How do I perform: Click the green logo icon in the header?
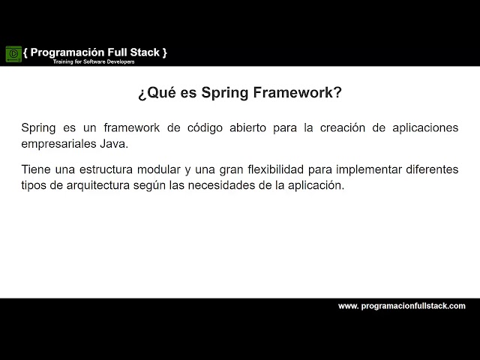tap(13, 54)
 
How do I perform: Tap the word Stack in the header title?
tap(142, 52)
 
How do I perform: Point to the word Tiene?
tap(36, 169)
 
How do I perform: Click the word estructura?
tap(108, 169)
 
